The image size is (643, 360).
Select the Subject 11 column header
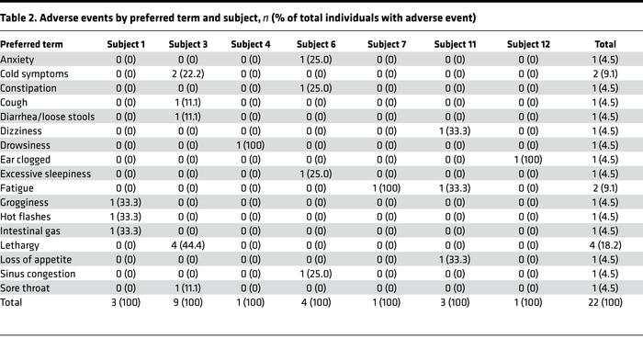(456, 44)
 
